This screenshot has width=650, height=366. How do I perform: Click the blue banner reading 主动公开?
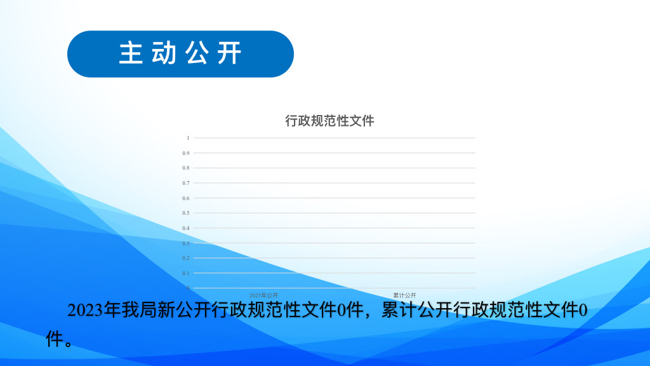coord(180,54)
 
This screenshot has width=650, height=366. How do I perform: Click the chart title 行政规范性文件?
coord(329,121)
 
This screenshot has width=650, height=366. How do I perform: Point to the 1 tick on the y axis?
coord(188,138)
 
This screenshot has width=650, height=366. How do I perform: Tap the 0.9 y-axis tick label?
coord(186,153)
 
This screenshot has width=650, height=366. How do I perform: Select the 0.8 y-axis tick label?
coord(186,168)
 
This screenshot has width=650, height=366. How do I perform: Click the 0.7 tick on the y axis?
coord(186,183)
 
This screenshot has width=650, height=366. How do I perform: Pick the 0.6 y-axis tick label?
coord(186,198)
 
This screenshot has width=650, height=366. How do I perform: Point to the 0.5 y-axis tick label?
coord(186,213)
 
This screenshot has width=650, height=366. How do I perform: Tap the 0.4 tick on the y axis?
coord(186,228)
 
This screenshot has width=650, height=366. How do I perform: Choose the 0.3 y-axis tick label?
coord(186,243)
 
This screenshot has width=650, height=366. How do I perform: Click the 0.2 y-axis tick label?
coord(186,258)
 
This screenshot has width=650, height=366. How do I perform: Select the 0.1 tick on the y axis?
coord(186,273)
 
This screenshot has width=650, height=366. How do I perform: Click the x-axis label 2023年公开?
coord(263,295)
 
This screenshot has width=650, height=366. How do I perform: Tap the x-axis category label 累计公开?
coord(404,295)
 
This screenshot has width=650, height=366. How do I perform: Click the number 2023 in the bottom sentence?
coord(85,310)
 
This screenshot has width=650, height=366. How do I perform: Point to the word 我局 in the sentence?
coord(129,310)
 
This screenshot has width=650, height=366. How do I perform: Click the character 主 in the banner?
coord(131,53)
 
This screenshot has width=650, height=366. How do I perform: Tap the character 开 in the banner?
coord(230,53)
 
